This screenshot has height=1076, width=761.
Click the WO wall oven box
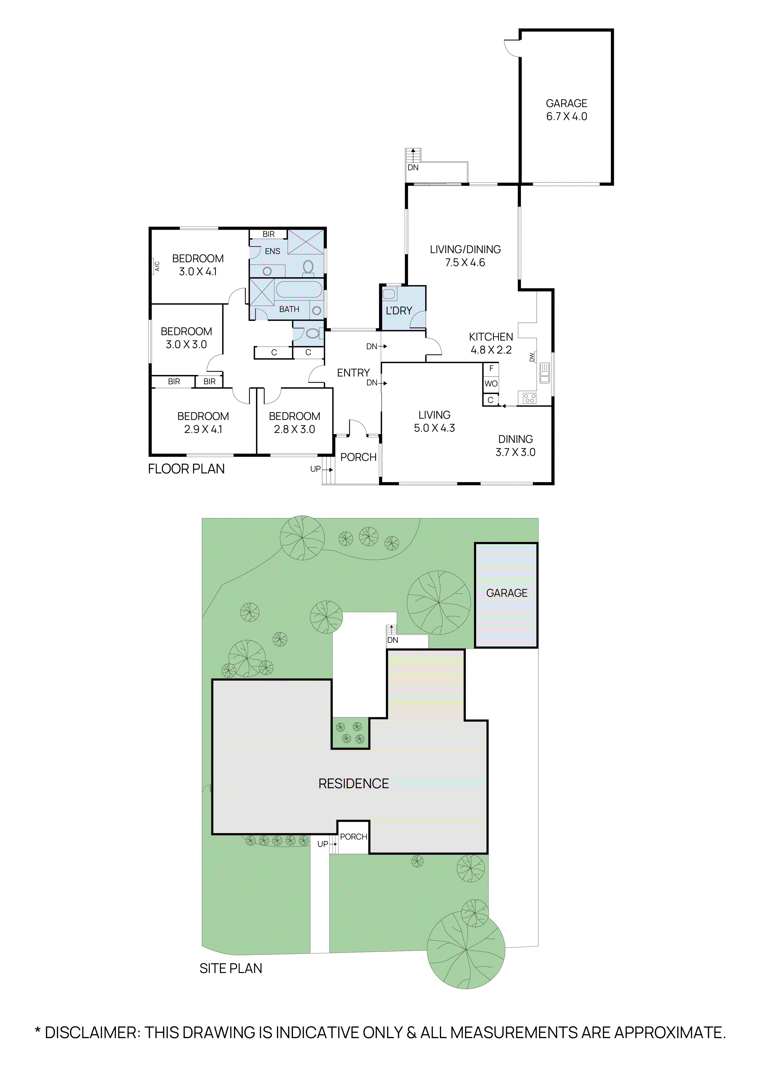(x=491, y=383)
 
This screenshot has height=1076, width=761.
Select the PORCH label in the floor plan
(x=358, y=457)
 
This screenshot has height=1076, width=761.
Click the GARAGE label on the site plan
(x=507, y=593)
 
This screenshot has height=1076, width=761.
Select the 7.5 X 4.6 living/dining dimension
(x=465, y=262)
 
